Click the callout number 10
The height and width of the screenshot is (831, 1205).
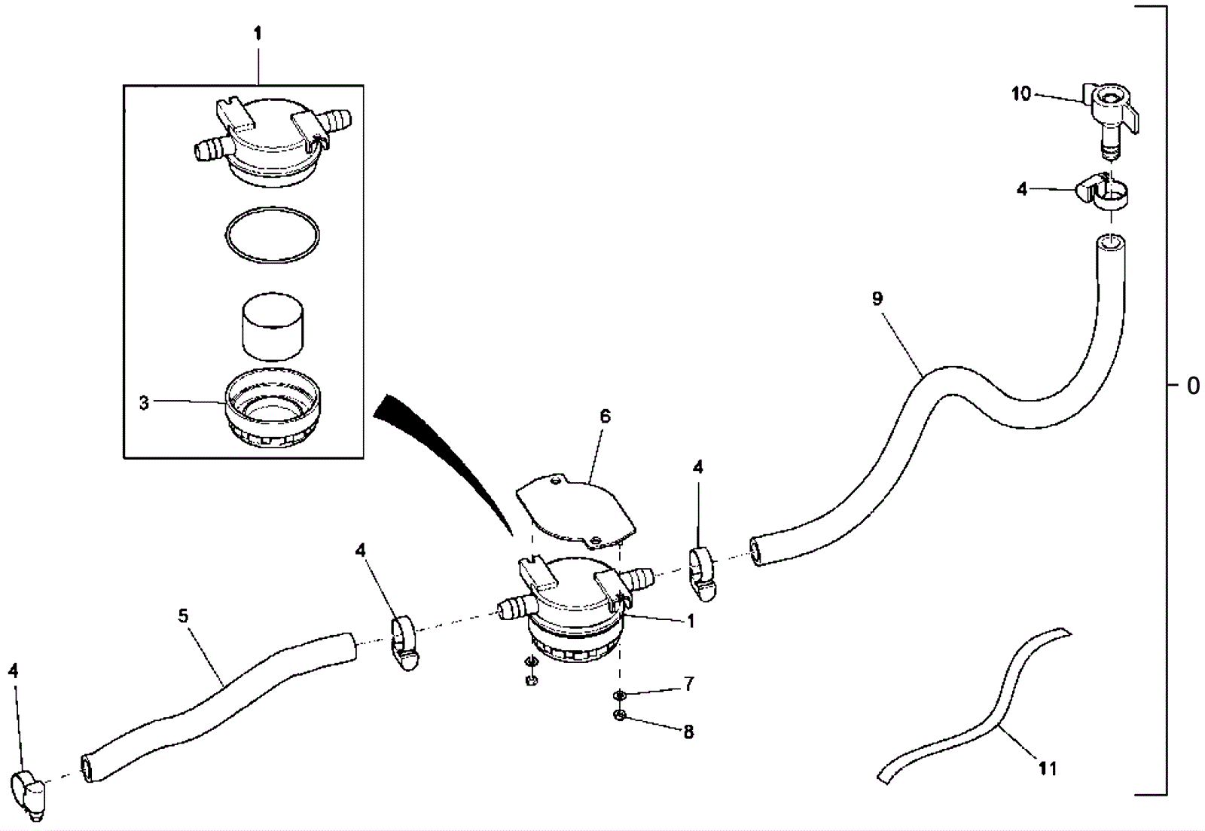[x=1020, y=93]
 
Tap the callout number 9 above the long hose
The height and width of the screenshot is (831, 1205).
[x=877, y=298]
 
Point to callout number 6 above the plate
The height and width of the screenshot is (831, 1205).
[x=606, y=416]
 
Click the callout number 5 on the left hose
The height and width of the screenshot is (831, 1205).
[x=184, y=616]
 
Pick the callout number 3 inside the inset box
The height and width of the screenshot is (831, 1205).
[x=144, y=403]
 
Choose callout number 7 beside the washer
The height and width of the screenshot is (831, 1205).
[x=689, y=684]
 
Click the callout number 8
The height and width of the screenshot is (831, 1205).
[x=688, y=732]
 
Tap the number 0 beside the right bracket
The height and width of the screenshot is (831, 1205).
[x=1193, y=385]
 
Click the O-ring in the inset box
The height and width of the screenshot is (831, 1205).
[x=272, y=208]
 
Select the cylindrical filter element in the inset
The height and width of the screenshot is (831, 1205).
[x=272, y=325]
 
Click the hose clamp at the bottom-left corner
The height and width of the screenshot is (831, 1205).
[x=30, y=792]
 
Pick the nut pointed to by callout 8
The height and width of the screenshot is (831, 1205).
[x=620, y=716]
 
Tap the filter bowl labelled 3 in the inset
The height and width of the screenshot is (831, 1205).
[x=272, y=408]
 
